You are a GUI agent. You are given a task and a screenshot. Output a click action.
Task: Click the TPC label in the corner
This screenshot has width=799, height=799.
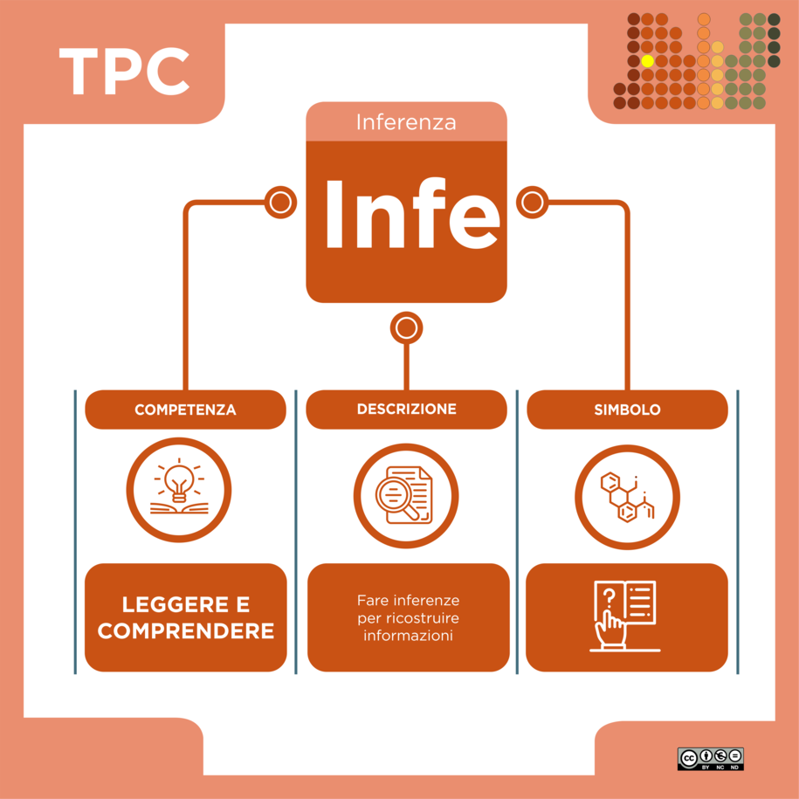(125, 72)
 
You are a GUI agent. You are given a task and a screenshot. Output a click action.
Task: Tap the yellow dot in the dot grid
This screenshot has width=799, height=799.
(647, 61)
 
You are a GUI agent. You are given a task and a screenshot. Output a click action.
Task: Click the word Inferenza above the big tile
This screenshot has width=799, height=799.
(406, 122)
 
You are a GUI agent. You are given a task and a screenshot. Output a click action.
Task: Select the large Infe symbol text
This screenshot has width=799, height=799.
(412, 214)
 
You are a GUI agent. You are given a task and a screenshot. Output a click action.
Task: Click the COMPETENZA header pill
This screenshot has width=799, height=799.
(185, 410)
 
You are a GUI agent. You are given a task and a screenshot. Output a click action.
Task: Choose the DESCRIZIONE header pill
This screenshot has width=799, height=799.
(406, 410)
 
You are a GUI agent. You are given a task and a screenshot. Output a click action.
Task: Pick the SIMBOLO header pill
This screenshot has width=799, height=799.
(627, 410)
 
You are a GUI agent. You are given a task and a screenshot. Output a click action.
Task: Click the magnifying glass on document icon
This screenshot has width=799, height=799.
(404, 495)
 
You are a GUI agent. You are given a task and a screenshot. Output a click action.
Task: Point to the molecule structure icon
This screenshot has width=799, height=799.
(627, 498)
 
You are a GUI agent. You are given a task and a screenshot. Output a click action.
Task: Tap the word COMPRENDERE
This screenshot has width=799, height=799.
(185, 631)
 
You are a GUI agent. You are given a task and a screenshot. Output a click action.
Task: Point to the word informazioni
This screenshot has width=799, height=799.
(408, 636)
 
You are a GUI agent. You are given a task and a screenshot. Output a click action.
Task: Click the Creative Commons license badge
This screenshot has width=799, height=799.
(710, 759)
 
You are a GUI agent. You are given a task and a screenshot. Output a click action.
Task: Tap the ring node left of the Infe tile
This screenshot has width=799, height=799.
(281, 203)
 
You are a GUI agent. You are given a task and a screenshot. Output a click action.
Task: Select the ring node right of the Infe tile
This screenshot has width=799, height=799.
(533, 203)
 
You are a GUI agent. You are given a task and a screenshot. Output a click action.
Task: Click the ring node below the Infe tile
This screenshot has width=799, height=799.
(406, 327)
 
